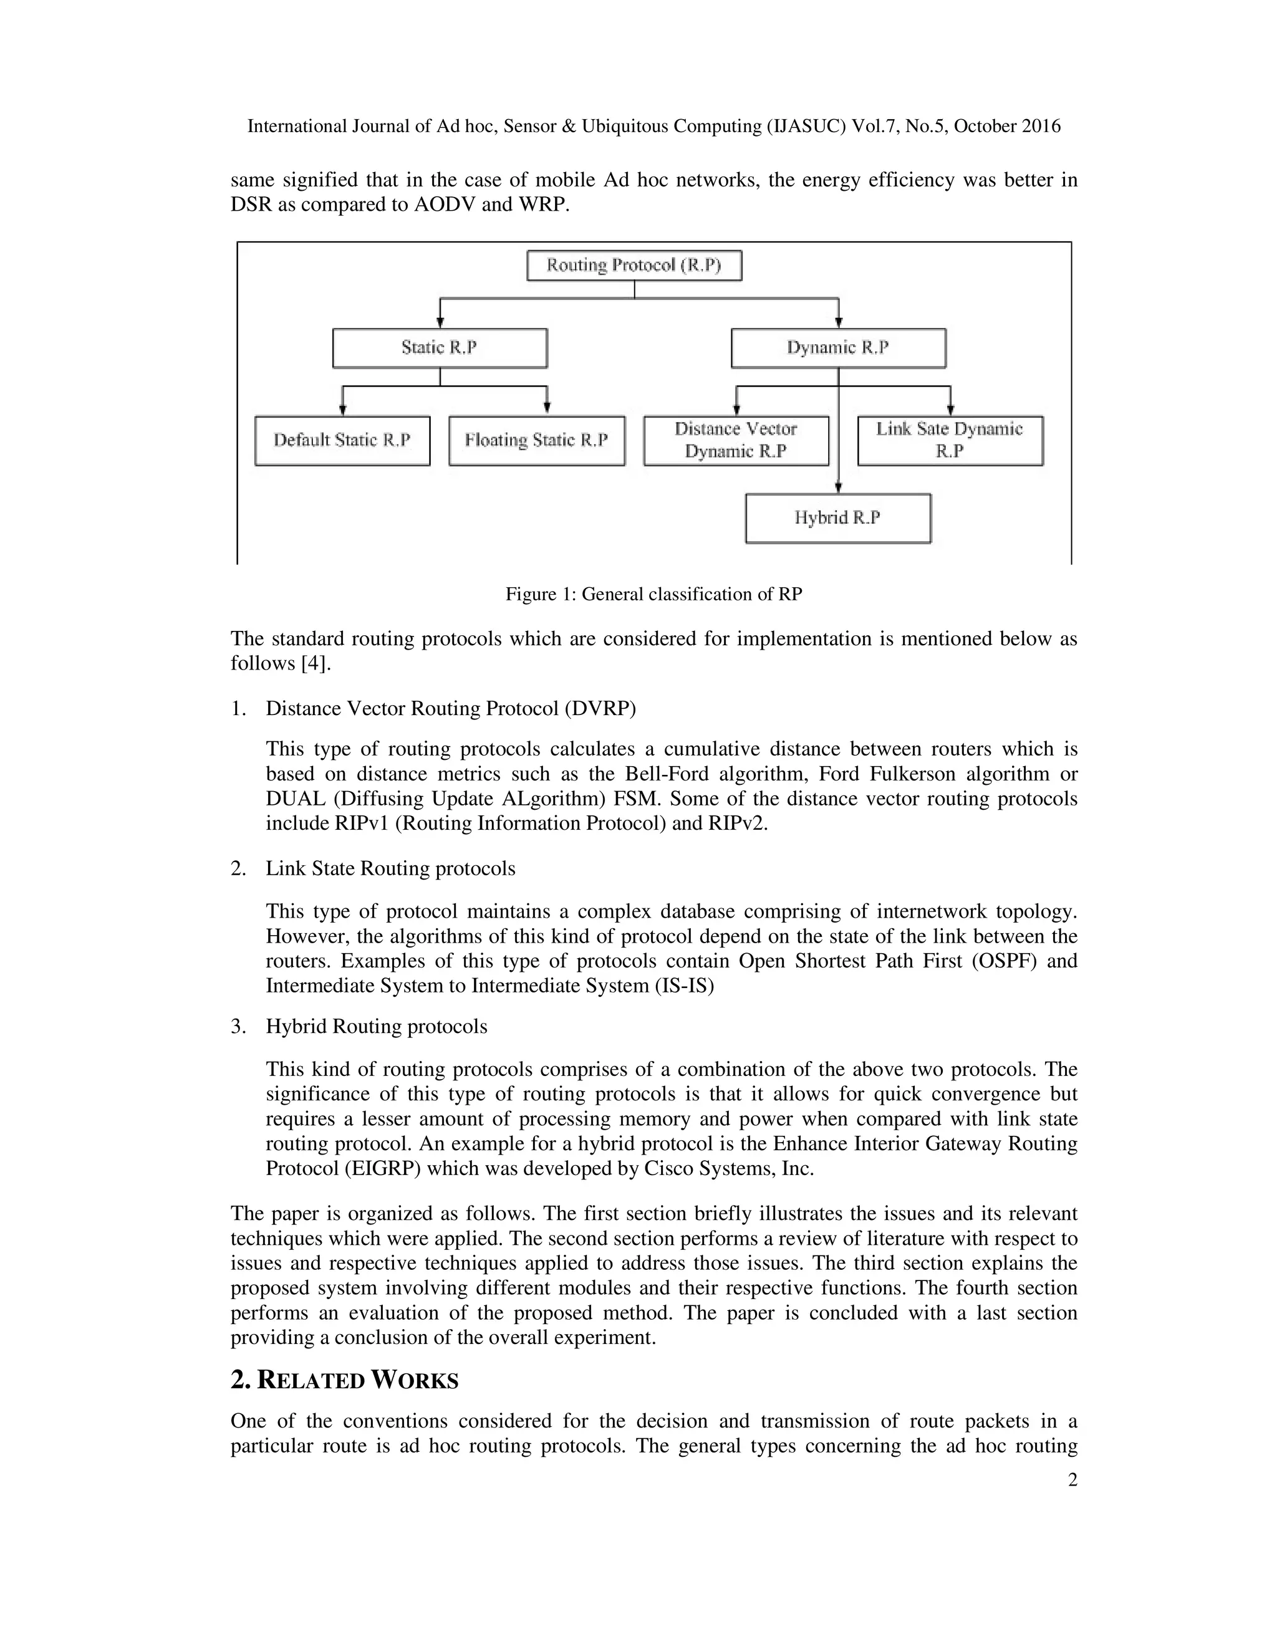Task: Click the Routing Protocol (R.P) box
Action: coord(634,266)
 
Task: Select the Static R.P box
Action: coord(440,348)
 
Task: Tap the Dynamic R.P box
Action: coord(838,348)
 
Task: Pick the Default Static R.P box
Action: coord(342,440)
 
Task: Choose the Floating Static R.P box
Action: coord(536,440)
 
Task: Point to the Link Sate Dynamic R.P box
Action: coord(950,440)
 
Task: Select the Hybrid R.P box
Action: coord(838,518)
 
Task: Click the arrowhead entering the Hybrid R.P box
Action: coord(838,489)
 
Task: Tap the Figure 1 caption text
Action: coord(653,595)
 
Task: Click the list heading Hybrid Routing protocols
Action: coord(376,1027)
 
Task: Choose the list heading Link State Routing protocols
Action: coord(390,868)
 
